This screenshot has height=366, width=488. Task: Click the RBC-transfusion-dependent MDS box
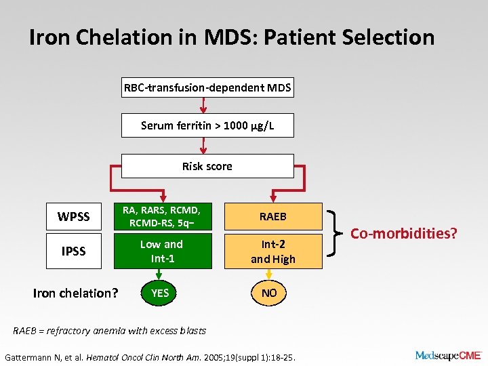pos(207,87)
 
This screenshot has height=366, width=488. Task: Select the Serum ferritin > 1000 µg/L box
pos(207,125)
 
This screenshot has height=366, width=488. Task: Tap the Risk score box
pos(207,166)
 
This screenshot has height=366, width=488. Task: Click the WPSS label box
pos(74,217)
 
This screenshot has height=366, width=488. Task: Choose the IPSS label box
pos(74,251)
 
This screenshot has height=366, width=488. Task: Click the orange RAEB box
pos(274,217)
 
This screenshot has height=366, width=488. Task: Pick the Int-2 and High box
pos(274,251)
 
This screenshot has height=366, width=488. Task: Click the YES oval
pos(160,293)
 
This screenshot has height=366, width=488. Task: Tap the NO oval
pos(270,293)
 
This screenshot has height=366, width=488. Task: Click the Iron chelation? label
pos(76,293)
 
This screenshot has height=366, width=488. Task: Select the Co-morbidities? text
pos(404,234)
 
